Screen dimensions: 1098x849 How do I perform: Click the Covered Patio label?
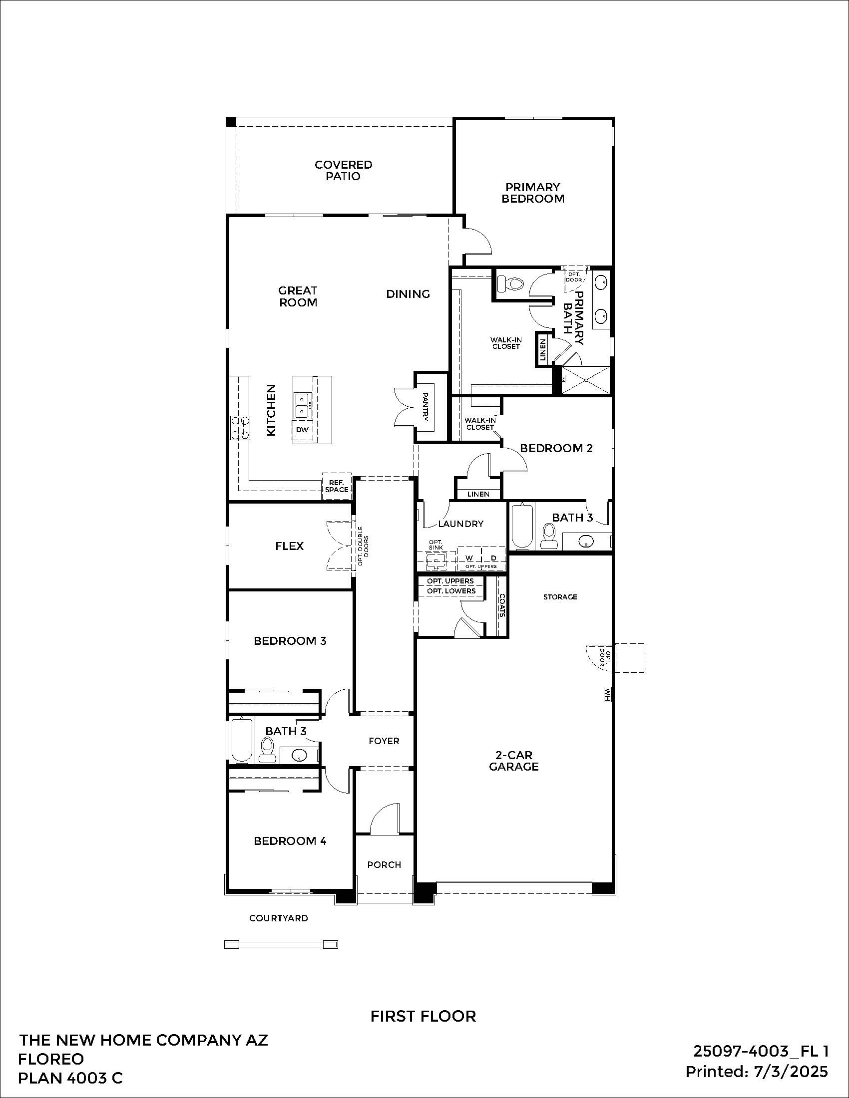pyautogui.click(x=344, y=170)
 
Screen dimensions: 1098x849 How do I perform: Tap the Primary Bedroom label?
pyautogui.click(x=533, y=193)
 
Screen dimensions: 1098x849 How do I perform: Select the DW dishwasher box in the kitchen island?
pyautogui.click(x=302, y=430)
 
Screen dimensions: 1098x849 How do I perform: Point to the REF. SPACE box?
pyautogui.click(x=337, y=486)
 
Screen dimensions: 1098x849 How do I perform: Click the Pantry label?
pyautogui.click(x=425, y=407)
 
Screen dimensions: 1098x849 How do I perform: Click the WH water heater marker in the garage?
pyautogui.click(x=608, y=695)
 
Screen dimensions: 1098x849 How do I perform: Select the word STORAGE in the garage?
pyautogui.click(x=560, y=597)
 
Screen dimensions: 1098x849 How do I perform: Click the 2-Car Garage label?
pyautogui.click(x=513, y=761)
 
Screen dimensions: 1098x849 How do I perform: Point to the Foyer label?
pyautogui.click(x=384, y=741)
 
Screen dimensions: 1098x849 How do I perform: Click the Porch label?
pyautogui.click(x=384, y=865)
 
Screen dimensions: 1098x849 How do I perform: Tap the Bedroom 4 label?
pyautogui.click(x=290, y=841)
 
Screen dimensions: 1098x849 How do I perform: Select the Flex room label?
pyautogui.click(x=289, y=546)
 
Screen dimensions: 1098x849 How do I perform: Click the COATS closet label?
pyautogui.click(x=501, y=606)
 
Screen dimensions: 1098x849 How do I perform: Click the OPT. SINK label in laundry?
pyautogui.click(x=435, y=545)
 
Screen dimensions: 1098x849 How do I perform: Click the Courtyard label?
pyautogui.click(x=279, y=918)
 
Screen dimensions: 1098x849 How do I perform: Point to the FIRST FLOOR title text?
pyautogui.click(x=423, y=1016)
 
